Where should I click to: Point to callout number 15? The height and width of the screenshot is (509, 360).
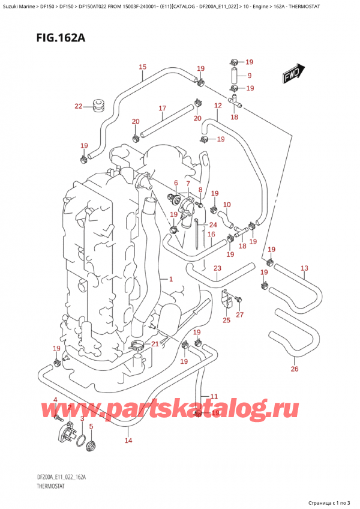click(x=142, y=67)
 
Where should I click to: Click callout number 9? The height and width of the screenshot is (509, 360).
click(x=250, y=76)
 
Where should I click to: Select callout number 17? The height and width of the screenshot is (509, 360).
click(x=162, y=109)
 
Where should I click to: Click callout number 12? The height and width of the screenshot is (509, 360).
click(x=217, y=106)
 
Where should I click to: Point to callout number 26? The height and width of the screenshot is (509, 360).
click(x=294, y=369)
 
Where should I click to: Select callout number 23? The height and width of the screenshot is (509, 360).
click(x=217, y=268)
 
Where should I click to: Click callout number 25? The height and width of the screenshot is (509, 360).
click(x=226, y=321)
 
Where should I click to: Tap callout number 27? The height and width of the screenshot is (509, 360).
click(x=240, y=315)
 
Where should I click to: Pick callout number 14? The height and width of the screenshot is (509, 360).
click(x=128, y=441)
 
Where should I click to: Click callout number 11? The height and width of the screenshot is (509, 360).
click(x=213, y=396)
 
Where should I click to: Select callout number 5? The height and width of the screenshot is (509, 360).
click(x=91, y=427)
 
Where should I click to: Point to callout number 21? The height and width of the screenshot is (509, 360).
click(x=155, y=343)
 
